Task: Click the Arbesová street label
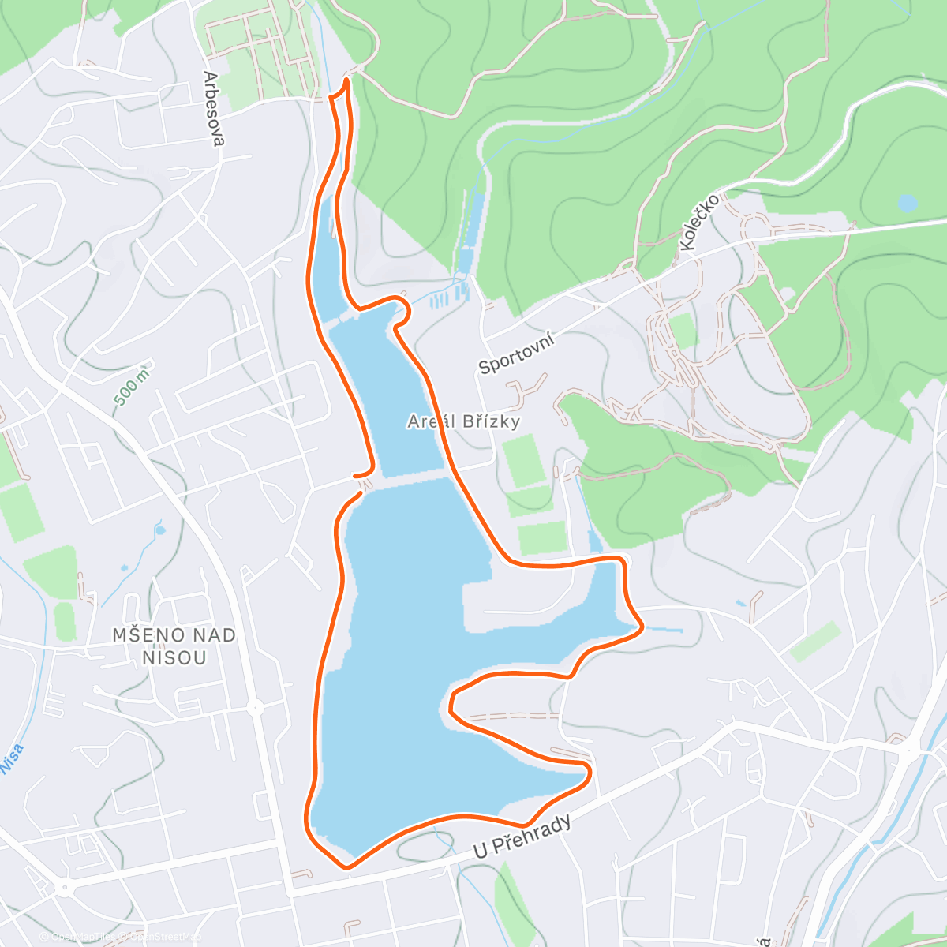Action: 213,109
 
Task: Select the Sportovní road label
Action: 516,354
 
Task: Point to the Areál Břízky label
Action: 464,421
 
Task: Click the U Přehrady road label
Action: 522,837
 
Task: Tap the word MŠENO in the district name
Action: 148,635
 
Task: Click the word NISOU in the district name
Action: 175,657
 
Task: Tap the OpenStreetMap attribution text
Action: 164,937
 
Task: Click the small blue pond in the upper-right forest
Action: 908,204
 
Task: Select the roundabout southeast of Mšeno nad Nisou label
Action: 255,708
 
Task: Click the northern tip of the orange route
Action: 346,80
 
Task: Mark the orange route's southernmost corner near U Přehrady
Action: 346,867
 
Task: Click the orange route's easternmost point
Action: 642,627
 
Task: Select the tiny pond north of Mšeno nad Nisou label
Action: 160,530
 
